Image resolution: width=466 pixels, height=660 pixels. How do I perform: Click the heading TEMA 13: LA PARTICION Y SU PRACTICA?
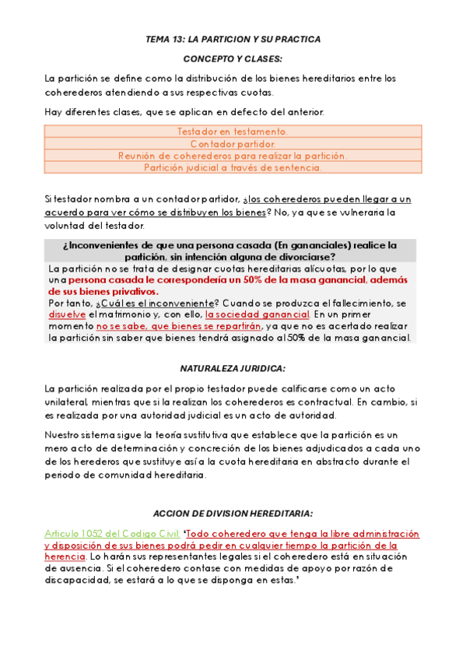tap(233, 39)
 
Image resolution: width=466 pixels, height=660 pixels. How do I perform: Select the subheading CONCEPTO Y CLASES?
tap(233, 58)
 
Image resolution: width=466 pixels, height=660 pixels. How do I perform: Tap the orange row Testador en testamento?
tap(233, 132)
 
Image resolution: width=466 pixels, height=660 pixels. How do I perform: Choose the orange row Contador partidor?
tap(233, 143)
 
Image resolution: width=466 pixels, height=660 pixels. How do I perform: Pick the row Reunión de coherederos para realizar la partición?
tap(233, 155)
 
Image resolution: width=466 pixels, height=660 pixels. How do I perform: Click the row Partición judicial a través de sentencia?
tap(233, 167)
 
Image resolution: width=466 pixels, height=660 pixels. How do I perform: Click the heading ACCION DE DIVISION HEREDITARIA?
tap(233, 514)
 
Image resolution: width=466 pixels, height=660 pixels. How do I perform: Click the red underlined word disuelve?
tap(68, 314)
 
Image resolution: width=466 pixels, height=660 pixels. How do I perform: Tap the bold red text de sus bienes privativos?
tap(102, 291)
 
